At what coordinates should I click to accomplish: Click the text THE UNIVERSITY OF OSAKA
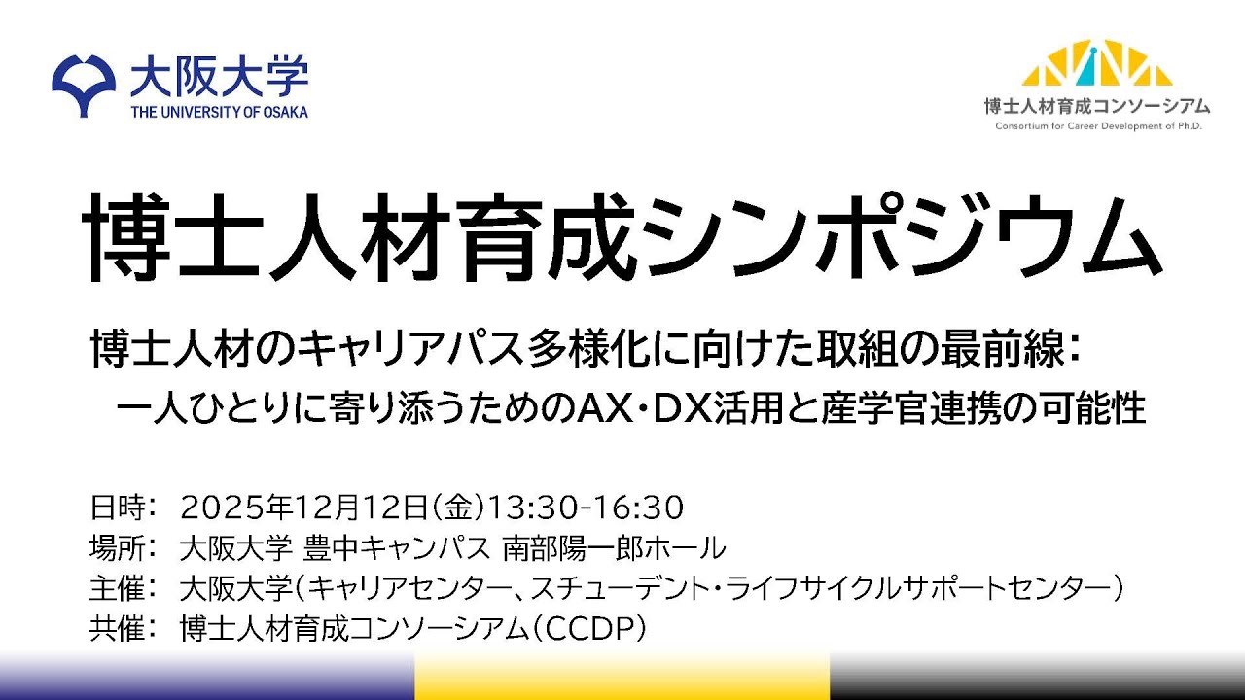coord(219,112)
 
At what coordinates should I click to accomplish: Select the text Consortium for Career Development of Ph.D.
coord(1096,126)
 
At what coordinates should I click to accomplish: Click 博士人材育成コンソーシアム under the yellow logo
coord(1096,106)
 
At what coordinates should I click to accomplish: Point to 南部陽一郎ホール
coord(614,548)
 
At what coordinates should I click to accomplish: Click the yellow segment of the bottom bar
coord(622,677)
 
